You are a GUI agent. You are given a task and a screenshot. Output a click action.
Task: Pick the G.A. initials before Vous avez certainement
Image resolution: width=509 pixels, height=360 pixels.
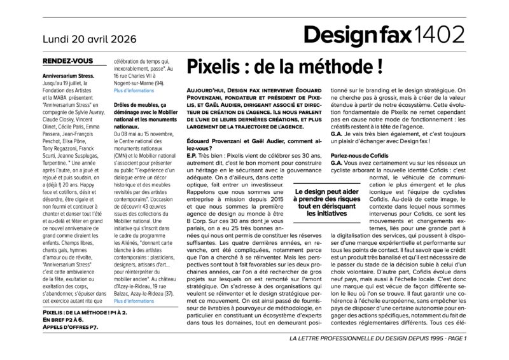pos(337,163)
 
